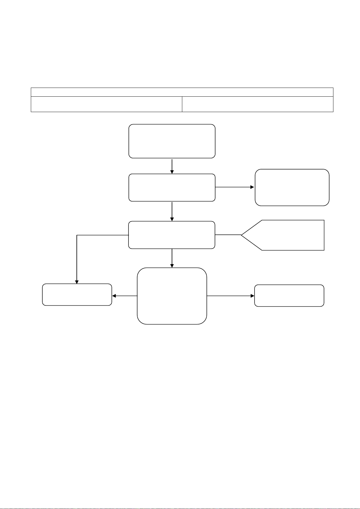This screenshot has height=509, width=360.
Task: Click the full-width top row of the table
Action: (x=182, y=92)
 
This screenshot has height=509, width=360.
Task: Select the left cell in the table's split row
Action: (x=106, y=104)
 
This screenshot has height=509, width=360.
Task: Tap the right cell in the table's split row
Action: (x=258, y=104)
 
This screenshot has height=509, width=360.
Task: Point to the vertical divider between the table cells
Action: (x=182, y=104)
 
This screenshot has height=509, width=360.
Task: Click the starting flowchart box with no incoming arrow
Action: (x=172, y=141)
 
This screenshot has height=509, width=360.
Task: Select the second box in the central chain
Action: (x=172, y=187)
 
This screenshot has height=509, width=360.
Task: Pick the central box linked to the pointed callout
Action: (x=172, y=235)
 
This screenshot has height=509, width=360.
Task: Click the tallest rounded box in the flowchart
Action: (x=172, y=296)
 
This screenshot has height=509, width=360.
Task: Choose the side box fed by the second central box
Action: (x=292, y=187)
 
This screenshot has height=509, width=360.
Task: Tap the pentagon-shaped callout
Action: (x=287, y=235)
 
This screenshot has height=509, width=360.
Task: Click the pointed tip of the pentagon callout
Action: (x=242, y=235)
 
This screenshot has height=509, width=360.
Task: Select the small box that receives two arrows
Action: (x=77, y=295)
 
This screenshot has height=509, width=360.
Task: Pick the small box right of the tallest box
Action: (x=289, y=295)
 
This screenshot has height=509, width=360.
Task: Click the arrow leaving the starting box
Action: (x=172, y=166)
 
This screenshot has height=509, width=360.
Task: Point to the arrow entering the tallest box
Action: (x=172, y=258)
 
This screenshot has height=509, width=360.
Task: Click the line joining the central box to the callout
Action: (x=228, y=235)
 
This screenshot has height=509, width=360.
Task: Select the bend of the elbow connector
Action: (x=77, y=235)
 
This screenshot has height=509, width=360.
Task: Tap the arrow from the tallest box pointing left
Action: (x=125, y=296)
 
